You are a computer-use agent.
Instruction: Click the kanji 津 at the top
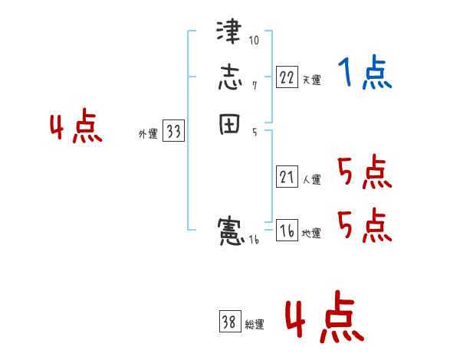(229, 34)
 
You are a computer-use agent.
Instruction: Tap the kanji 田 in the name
(229, 125)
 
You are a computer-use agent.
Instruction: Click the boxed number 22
(287, 77)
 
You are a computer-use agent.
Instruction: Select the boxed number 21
(287, 178)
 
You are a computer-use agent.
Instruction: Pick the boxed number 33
(173, 132)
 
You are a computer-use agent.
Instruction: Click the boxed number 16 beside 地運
(287, 231)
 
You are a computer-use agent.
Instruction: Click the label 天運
(311, 80)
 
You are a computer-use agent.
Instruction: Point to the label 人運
(311, 181)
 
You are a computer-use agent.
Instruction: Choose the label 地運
(311, 234)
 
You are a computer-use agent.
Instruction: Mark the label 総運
(255, 326)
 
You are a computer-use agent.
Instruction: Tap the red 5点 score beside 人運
(364, 173)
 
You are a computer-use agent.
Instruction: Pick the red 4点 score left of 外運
(76, 128)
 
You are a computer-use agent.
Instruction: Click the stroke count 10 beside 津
(254, 40)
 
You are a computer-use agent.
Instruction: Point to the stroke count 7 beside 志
(254, 85)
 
